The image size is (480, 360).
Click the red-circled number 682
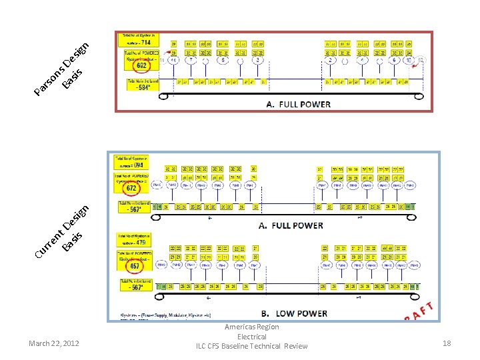click(141, 66)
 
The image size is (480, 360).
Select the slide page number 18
click(447, 343)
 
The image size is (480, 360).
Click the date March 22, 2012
click(54, 343)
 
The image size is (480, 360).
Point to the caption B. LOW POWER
click(293, 313)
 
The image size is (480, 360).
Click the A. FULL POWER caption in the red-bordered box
click(298, 104)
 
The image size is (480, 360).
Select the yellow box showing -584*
click(141, 85)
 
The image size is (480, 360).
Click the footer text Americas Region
click(252, 327)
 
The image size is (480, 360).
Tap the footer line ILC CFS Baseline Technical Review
click(252, 346)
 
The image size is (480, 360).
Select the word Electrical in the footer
click(252, 337)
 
